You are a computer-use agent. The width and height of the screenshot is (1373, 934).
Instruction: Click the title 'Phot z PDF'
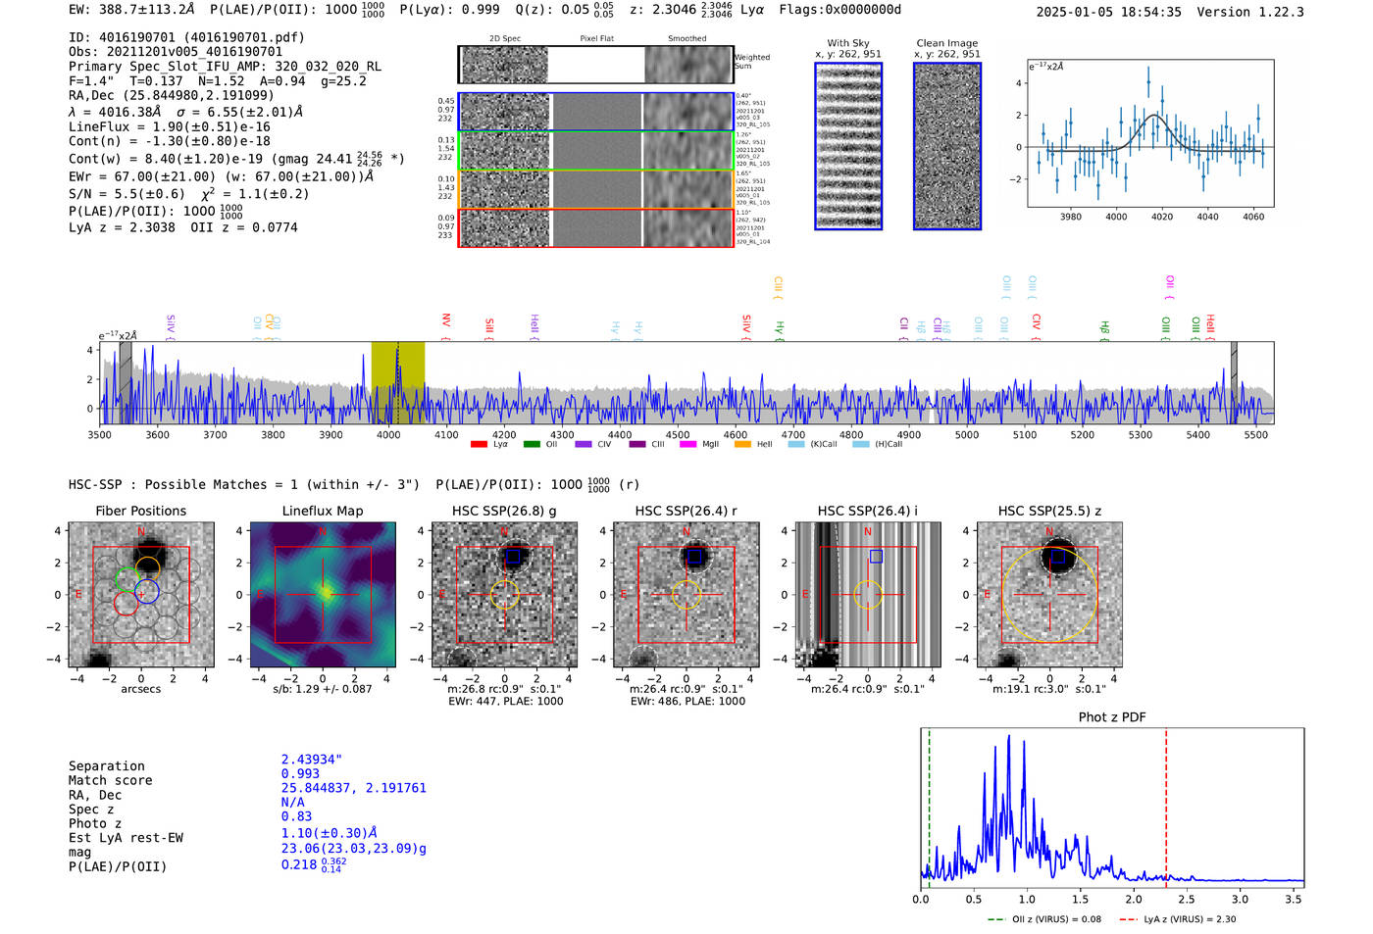tap(1111, 717)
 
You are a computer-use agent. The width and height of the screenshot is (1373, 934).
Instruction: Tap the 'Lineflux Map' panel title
tap(322, 511)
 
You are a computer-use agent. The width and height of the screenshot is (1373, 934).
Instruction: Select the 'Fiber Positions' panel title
tap(140, 511)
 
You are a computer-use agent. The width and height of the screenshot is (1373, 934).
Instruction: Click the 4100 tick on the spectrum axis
tap(446, 434)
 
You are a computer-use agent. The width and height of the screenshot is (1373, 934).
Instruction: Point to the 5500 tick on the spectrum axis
tap(1255, 434)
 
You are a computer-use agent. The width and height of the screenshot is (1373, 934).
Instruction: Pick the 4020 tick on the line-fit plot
tap(1162, 217)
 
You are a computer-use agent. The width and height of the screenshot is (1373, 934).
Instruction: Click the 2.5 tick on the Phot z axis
tap(1187, 899)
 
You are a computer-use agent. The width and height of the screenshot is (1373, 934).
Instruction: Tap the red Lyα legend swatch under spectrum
tap(479, 444)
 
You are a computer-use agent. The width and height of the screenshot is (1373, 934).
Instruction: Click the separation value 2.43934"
tap(311, 760)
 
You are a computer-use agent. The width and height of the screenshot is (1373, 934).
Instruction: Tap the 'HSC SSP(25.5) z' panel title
tap(1049, 511)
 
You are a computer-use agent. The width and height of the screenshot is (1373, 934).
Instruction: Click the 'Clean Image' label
tap(946, 43)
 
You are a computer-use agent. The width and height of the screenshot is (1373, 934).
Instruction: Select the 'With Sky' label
tap(847, 43)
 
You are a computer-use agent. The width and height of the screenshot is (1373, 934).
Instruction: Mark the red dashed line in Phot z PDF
tap(1166, 804)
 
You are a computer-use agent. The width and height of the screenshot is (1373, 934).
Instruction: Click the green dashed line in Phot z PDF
tap(929, 804)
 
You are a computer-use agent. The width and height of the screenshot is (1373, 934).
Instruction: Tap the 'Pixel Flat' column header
tap(596, 38)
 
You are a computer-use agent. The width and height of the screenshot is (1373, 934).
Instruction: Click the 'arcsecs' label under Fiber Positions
tap(140, 689)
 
